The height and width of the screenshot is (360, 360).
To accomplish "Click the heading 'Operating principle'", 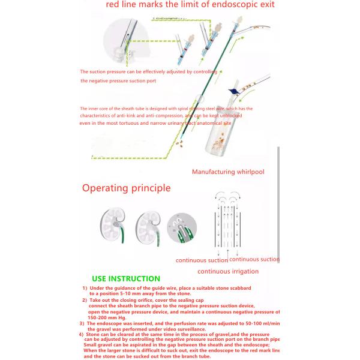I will tap(126, 188).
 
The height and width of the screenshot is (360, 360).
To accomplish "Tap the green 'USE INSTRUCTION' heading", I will tap(126, 278).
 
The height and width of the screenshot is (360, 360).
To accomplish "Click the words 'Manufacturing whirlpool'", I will tap(228, 172).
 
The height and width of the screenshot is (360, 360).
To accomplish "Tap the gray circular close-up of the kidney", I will tap(183, 229).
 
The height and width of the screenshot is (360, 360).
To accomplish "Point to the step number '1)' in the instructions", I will tap(85, 289).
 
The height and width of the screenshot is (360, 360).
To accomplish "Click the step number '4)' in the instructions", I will tap(81, 334).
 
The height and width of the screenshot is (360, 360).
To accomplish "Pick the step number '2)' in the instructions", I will tap(85, 299).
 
